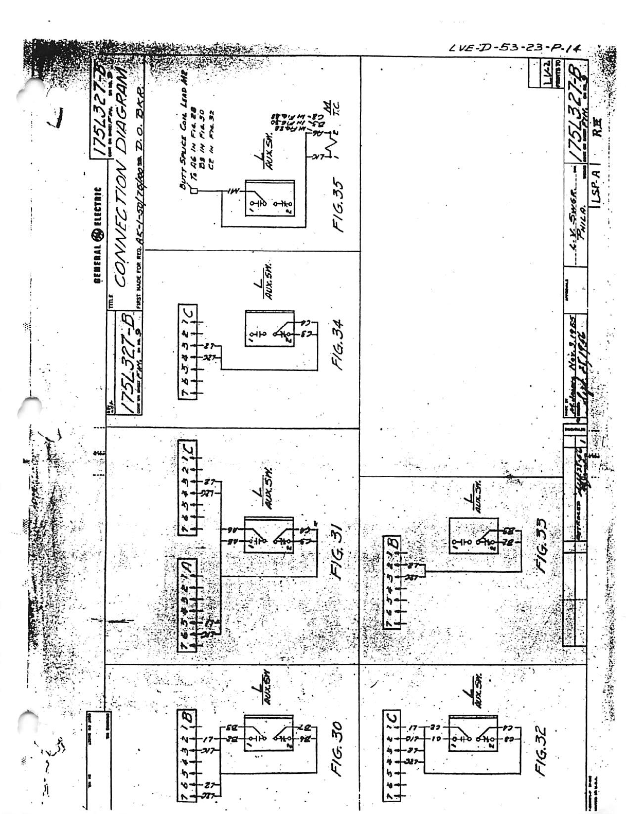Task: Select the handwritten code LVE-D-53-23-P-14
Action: pos(514,49)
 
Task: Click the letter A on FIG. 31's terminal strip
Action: pos(188,567)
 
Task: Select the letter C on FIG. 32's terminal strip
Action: pos(392,717)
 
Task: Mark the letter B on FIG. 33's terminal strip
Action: pos(392,543)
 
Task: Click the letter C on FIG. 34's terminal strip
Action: pos(188,312)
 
